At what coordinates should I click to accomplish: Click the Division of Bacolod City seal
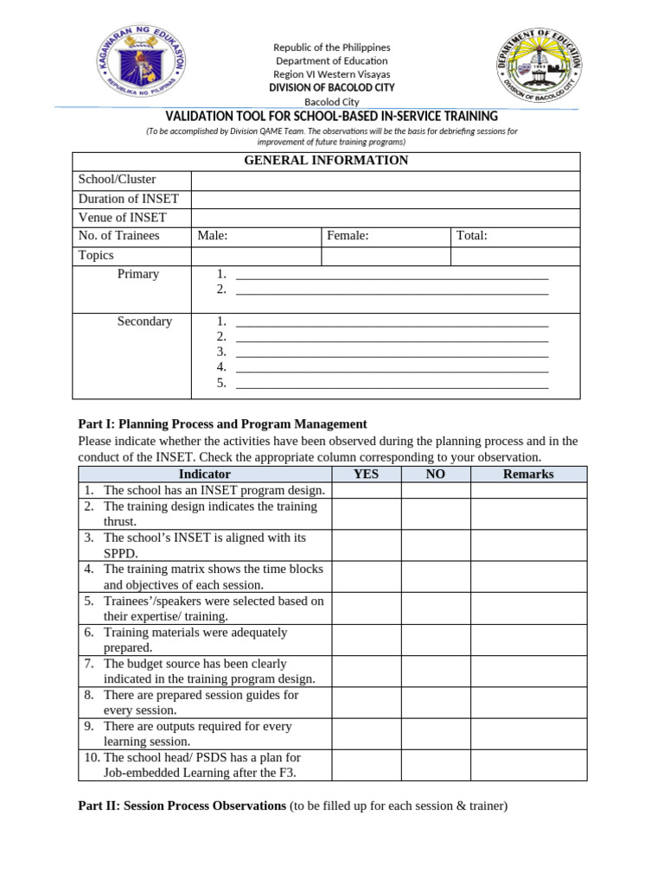(x=539, y=65)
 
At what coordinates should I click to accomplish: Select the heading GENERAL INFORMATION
(x=326, y=161)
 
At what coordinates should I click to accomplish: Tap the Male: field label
(x=213, y=236)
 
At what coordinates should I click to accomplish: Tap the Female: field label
(x=348, y=236)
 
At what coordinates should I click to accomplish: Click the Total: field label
(x=472, y=236)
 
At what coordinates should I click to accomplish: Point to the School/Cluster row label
(x=118, y=180)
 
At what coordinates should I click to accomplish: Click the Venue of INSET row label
(x=122, y=218)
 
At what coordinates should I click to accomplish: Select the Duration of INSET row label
(x=128, y=199)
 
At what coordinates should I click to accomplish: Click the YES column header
(x=366, y=474)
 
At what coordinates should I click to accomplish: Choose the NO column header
(x=436, y=474)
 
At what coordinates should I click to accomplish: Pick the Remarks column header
(x=528, y=474)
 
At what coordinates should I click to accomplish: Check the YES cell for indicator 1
(x=366, y=490)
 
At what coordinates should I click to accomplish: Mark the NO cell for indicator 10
(x=436, y=765)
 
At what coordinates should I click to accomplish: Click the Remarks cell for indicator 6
(x=528, y=640)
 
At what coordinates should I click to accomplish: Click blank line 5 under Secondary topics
(x=392, y=384)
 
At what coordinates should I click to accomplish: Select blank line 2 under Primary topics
(x=392, y=290)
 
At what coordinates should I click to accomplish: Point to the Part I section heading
(x=222, y=424)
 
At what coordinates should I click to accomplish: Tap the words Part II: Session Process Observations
(x=182, y=805)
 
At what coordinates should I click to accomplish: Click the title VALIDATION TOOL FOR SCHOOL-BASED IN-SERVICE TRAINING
(x=331, y=117)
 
